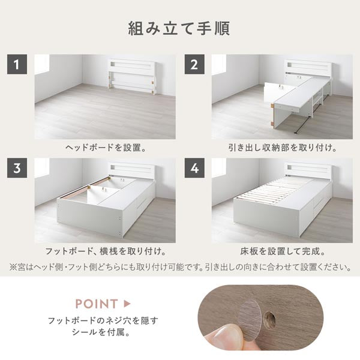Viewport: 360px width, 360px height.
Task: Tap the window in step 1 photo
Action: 41,64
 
